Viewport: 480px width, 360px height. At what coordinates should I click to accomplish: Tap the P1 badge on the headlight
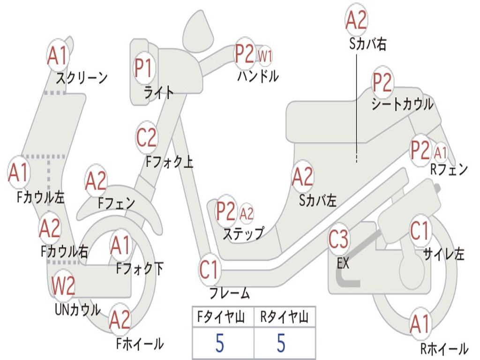(x=143, y=68)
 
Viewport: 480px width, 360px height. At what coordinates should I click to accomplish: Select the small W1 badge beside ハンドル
(x=265, y=56)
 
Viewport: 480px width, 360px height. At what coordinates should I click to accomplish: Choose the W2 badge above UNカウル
(x=64, y=286)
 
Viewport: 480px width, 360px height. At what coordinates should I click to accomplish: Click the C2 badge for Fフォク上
(x=147, y=138)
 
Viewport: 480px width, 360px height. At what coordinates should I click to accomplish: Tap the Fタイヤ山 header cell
(x=223, y=318)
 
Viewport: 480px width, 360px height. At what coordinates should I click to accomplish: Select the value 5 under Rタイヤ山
(x=281, y=343)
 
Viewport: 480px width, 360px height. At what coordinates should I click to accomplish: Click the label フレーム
(x=230, y=294)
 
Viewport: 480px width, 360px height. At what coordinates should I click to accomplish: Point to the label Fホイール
(x=140, y=344)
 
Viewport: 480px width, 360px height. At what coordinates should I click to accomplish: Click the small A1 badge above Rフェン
(x=441, y=152)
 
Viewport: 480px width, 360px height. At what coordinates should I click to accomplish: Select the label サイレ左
(x=443, y=254)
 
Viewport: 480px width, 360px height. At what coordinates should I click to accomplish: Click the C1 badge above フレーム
(x=209, y=270)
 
